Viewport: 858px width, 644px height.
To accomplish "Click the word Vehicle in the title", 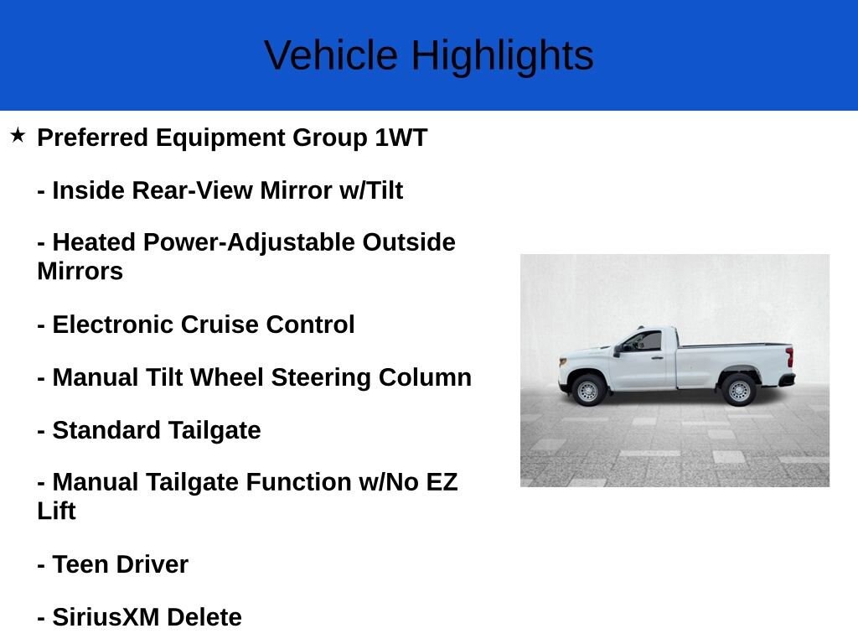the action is [330, 55].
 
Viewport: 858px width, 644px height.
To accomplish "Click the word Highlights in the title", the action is [503, 56].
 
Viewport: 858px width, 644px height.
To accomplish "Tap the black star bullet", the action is [18, 135].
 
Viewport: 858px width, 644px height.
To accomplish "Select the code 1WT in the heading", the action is [401, 138].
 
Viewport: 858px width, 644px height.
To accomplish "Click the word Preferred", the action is [92, 138].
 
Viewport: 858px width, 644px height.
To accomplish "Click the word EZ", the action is [442, 482].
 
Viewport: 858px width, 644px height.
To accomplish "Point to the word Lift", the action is [56, 511].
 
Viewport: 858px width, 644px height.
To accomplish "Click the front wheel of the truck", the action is [587, 390].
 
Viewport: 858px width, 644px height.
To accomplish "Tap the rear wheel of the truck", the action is [739, 390].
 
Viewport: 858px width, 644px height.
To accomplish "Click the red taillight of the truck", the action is [789, 357].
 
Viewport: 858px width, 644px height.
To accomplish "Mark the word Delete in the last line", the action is [204, 617].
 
